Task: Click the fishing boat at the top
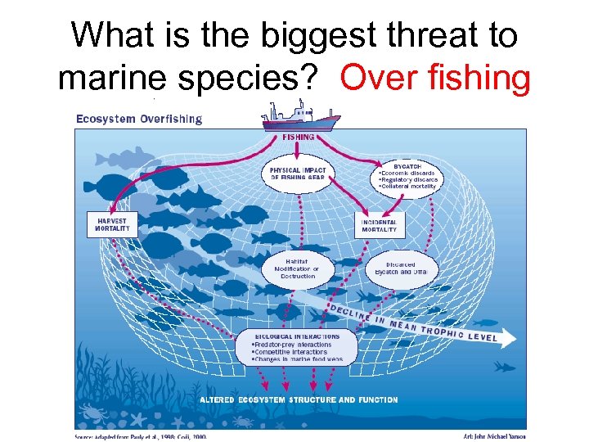[300, 117]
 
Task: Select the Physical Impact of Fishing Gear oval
[299, 174]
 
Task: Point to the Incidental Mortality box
[380, 226]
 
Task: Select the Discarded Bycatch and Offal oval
[401, 268]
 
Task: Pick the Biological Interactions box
[303, 346]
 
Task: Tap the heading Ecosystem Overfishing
[139, 119]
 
